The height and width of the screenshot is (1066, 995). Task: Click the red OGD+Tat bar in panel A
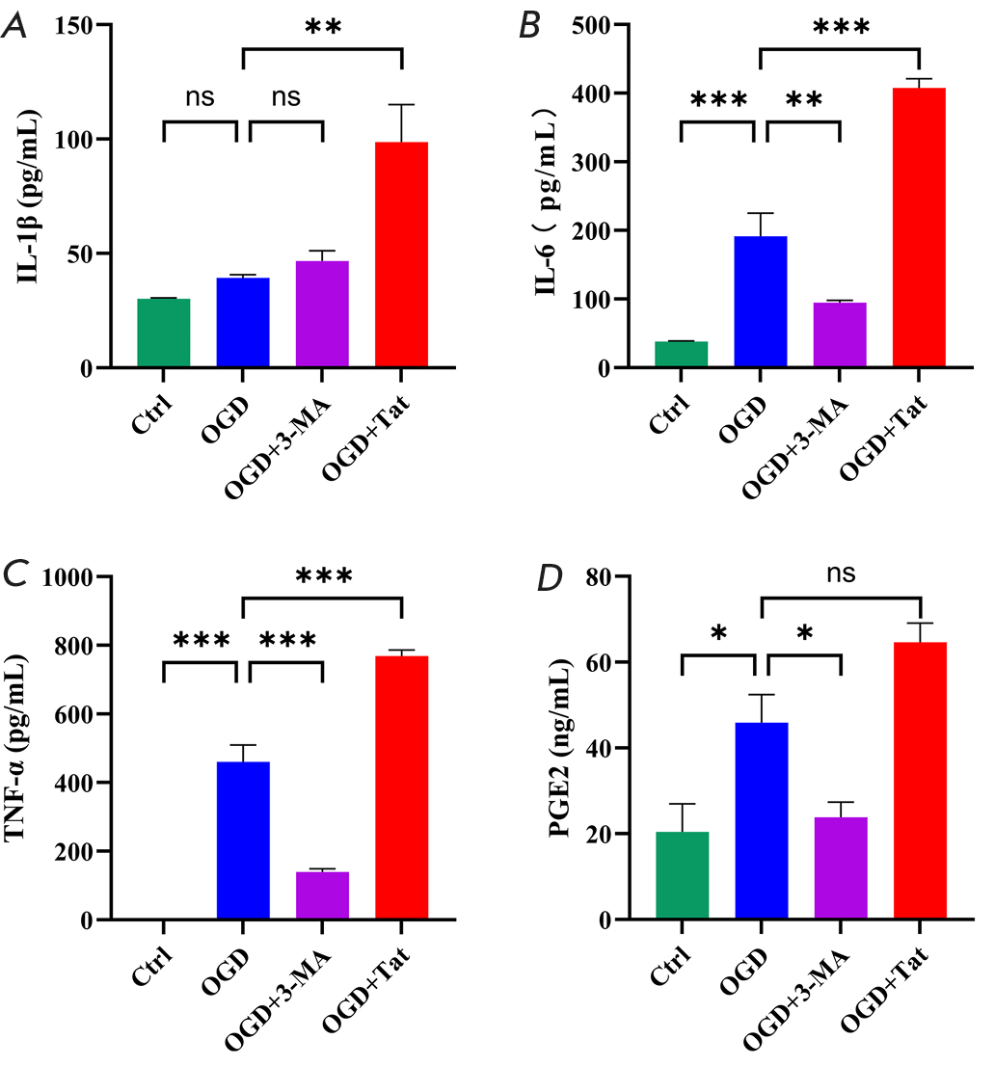click(401, 254)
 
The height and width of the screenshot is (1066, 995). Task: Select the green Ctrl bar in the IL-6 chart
click(682, 355)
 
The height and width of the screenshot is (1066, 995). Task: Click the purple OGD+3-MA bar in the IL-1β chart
click(322, 314)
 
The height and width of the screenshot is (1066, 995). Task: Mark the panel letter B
click(529, 25)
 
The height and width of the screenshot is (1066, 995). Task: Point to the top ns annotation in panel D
click(841, 575)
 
